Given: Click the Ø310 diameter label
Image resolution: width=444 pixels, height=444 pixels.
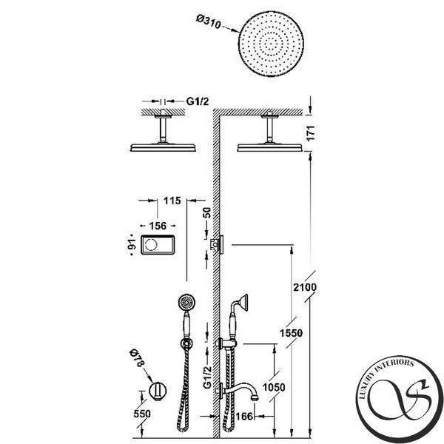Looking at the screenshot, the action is [208, 22].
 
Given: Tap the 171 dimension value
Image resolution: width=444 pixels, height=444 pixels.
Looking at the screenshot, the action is [311, 133].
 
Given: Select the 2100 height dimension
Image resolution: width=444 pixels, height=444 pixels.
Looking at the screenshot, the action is [305, 287].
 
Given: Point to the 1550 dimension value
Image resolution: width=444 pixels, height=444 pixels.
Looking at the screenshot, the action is [291, 333].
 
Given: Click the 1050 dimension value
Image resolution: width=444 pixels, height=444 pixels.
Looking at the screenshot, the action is [274, 387].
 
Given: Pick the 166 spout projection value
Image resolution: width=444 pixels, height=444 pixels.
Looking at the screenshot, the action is [244, 416].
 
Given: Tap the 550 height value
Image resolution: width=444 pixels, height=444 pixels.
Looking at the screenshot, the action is [142, 414].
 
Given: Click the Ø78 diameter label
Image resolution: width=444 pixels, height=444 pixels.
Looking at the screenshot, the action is [138, 358].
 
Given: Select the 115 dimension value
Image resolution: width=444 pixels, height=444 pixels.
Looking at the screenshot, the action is [172, 201].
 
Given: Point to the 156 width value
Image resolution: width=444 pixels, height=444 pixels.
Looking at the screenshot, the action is [158, 226].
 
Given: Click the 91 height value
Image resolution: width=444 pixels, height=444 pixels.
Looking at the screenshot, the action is [132, 244].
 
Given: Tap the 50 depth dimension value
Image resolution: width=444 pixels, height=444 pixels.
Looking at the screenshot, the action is [207, 212].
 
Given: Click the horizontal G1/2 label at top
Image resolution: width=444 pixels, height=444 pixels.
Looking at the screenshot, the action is [198, 101].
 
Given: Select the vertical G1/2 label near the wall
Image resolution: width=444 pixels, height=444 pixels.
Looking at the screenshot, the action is [207, 377].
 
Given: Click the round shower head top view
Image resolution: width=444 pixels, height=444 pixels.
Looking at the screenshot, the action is [271, 44].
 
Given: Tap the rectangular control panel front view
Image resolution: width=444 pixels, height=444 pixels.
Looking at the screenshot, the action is [158, 245].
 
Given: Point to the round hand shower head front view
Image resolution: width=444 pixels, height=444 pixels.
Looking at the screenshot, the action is [186, 303].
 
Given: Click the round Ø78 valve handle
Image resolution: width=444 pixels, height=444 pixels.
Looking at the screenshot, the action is [158, 391].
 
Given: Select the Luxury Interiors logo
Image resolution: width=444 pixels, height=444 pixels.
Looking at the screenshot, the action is [400, 400].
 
